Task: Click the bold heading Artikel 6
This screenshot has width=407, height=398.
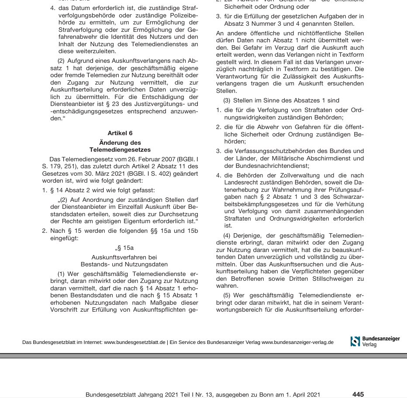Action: tap(120, 133)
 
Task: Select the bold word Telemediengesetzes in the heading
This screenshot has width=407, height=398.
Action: tap(120, 150)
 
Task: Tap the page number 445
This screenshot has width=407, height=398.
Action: tap(358, 394)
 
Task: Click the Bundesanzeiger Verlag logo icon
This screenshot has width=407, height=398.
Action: tap(355, 341)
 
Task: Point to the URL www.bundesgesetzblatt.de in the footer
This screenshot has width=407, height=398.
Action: tap(135, 342)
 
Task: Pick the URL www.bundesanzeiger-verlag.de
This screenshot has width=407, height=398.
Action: tap(297, 342)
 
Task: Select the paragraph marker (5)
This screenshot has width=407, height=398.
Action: tap(228, 295)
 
